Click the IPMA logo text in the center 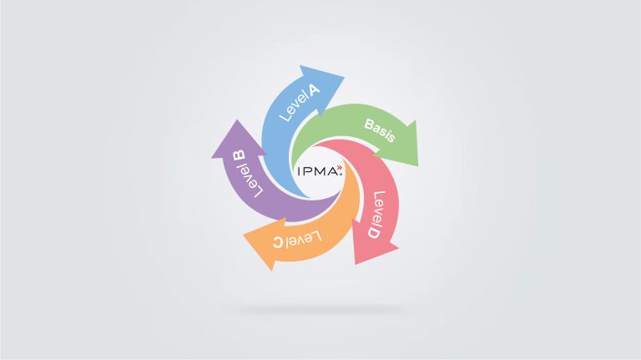318,171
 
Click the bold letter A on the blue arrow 314,89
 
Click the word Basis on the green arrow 380,130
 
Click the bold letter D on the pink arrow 373,232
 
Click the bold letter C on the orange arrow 278,242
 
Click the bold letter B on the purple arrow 239,156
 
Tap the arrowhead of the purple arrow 238,140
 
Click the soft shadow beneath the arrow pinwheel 320,310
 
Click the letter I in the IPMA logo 300,171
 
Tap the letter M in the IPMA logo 320,171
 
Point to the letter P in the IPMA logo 307,171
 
